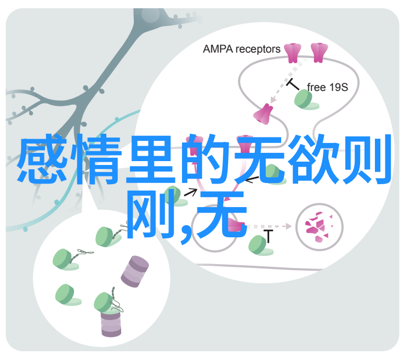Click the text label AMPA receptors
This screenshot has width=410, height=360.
(x=241, y=49)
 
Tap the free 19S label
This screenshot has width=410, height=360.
(x=327, y=87)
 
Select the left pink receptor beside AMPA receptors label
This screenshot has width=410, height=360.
(x=293, y=53)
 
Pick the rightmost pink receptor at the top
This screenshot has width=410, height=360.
(x=319, y=53)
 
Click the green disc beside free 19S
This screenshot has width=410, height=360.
(x=305, y=100)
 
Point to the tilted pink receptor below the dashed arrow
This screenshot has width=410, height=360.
(x=263, y=114)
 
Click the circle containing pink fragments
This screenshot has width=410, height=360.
(x=319, y=227)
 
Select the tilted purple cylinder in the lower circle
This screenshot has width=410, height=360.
(x=135, y=271)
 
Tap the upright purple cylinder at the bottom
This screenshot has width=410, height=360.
(x=111, y=323)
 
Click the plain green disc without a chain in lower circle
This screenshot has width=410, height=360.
(x=67, y=295)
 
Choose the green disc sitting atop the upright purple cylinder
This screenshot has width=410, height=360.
(x=105, y=303)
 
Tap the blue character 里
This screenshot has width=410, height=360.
(x=151, y=159)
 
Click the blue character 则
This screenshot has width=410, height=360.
(x=367, y=158)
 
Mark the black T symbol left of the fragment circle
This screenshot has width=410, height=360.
(x=268, y=236)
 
